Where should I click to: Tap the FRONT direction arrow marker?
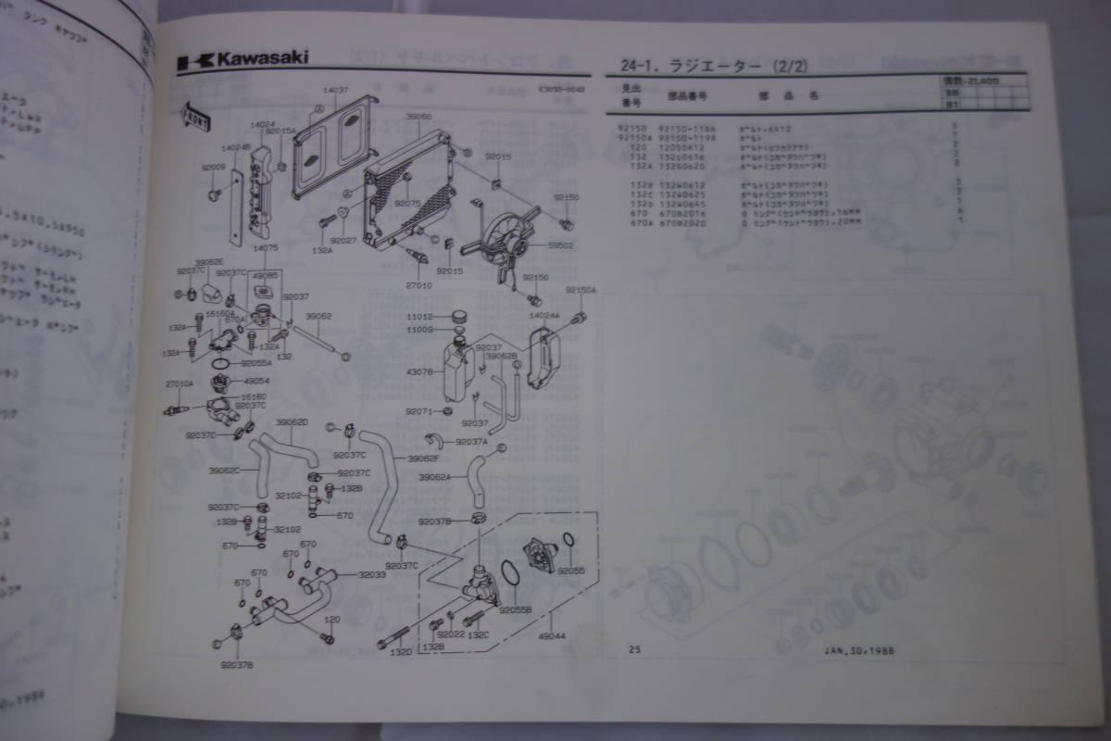[x=194, y=116]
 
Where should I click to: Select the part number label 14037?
[x=335, y=90]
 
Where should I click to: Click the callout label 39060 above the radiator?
[x=418, y=117]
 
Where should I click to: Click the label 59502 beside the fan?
[x=563, y=245]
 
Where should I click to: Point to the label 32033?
[x=372, y=574]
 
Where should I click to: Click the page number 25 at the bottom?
[x=633, y=649]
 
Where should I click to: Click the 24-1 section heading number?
[x=625, y=66]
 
